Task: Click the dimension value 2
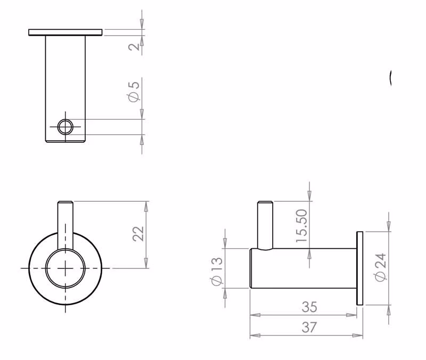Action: click(134, 46)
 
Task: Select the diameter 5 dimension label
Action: click(134, 92)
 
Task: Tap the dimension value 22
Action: click(138, 234)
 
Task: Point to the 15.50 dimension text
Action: click(301, 226)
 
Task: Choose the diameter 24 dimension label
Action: click(380, 267)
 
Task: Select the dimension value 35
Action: click(309, 307)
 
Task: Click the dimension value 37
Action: click(309, 327)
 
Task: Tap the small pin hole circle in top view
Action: click(65, 127)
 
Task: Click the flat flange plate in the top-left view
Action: click(65, 32)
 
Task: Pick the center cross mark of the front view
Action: click(65, 268)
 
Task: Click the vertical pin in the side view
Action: click(265, 225)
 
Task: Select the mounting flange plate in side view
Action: click(360, 268)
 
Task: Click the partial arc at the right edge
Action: click(390, 78)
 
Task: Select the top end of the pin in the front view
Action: click(65, 202)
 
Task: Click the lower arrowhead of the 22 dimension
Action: click(146, 263)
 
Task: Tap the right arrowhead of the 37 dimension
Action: click(357, 336)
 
